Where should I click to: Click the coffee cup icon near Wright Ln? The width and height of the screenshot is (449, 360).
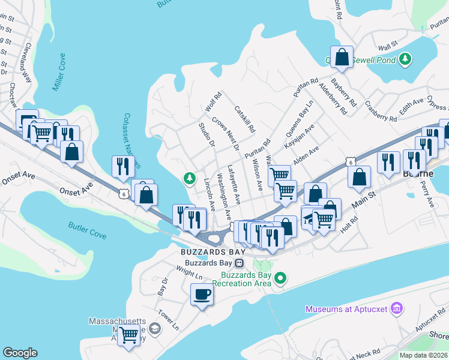(x=202, y=295)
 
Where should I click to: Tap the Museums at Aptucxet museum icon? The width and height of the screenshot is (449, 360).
(x=396, y=309)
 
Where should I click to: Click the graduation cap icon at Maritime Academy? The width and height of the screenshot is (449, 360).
(x=155, y=328)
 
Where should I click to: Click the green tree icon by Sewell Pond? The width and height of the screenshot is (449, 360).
(x=406, y=59)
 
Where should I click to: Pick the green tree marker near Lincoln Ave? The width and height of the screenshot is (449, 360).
(x=190, y=178)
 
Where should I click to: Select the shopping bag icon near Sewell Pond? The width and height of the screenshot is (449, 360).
(x=342, y=58)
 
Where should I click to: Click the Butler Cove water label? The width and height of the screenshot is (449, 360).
(x=87, y=230)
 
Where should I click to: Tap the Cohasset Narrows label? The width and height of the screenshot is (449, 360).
(x=131, y=141)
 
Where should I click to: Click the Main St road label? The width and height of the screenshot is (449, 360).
(x=364, y=199)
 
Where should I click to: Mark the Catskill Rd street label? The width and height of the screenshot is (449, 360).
(x=245, y=119)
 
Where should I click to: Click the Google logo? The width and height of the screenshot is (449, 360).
(x=20, y=353)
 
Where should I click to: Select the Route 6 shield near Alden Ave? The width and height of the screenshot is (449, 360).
(x=351, y=162)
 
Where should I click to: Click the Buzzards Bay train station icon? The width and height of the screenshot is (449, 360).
(x=239, y=262)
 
